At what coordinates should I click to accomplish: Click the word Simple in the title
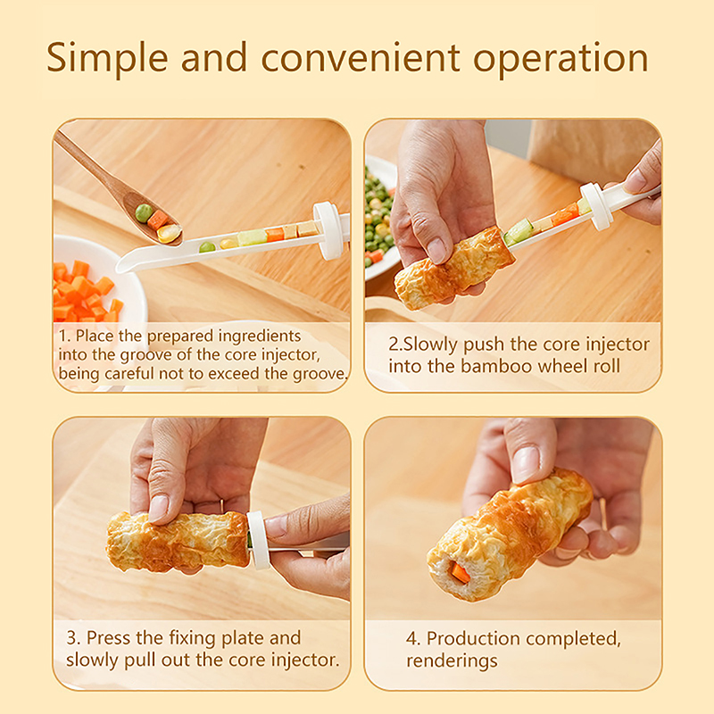[107, 58]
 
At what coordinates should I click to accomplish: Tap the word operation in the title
[560, 59]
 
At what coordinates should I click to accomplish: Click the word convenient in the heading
[361, 58]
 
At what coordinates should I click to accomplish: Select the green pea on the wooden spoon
[144, 213]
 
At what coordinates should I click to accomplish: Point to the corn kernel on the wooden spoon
[169, 233]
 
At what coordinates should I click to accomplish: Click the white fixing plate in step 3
[258, 540]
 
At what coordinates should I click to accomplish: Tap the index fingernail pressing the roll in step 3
[158, 508]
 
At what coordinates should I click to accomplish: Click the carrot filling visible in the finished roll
[460, 573]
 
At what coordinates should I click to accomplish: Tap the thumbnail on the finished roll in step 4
[525, 463]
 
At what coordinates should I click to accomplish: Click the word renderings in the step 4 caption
[452, 661]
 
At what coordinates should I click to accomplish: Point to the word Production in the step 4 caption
[475, 638]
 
